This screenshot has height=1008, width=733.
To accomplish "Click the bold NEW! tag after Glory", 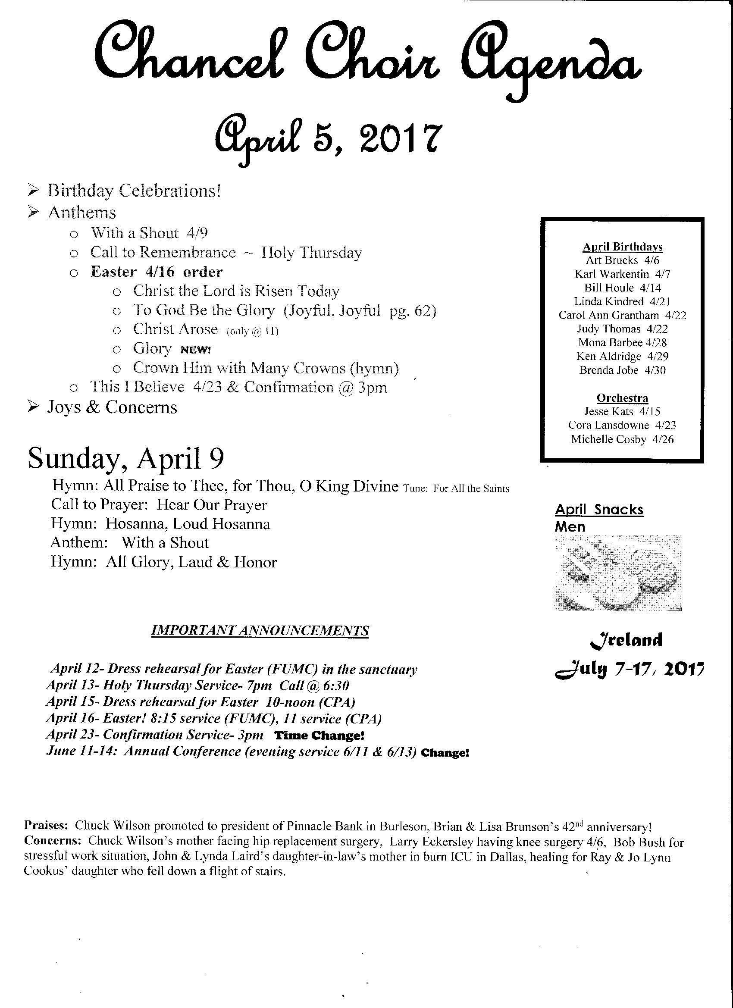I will click(x=196, y=350).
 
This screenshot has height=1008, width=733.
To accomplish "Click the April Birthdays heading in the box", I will click(x=622, y=247).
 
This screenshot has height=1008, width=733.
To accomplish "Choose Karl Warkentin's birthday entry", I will click(x=622, y=274).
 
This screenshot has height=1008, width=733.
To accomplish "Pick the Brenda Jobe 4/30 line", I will click(x=622, y=370).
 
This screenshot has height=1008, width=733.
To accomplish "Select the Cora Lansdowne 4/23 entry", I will click(x=622, y=425).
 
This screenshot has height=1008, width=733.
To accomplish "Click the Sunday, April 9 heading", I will click(x=126, y=459).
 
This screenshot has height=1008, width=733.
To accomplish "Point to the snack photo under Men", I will click(x=618, y=573).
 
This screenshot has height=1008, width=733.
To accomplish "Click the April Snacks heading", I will click(x=599, y=509).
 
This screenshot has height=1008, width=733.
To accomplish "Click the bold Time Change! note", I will click(x=320, y=735).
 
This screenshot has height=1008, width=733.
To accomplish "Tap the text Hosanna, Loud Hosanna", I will click(x=188, y=524).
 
